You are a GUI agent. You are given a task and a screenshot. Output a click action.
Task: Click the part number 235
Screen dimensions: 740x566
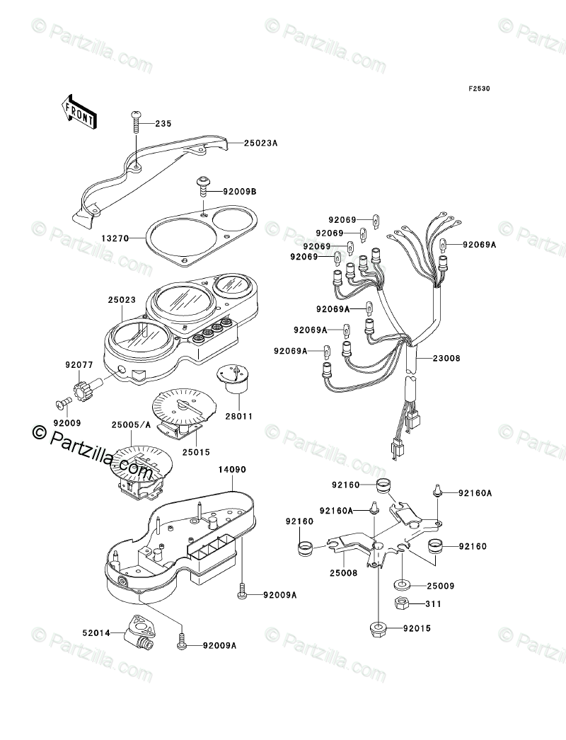click(x=163, y=124)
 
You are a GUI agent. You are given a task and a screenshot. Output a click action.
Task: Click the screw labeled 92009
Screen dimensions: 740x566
click(x=62, y=404)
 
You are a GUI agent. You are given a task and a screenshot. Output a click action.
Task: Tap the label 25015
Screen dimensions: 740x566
click(x=196, y=451)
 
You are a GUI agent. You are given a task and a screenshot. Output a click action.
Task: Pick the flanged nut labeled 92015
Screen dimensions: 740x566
click(x=377, y=627)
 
